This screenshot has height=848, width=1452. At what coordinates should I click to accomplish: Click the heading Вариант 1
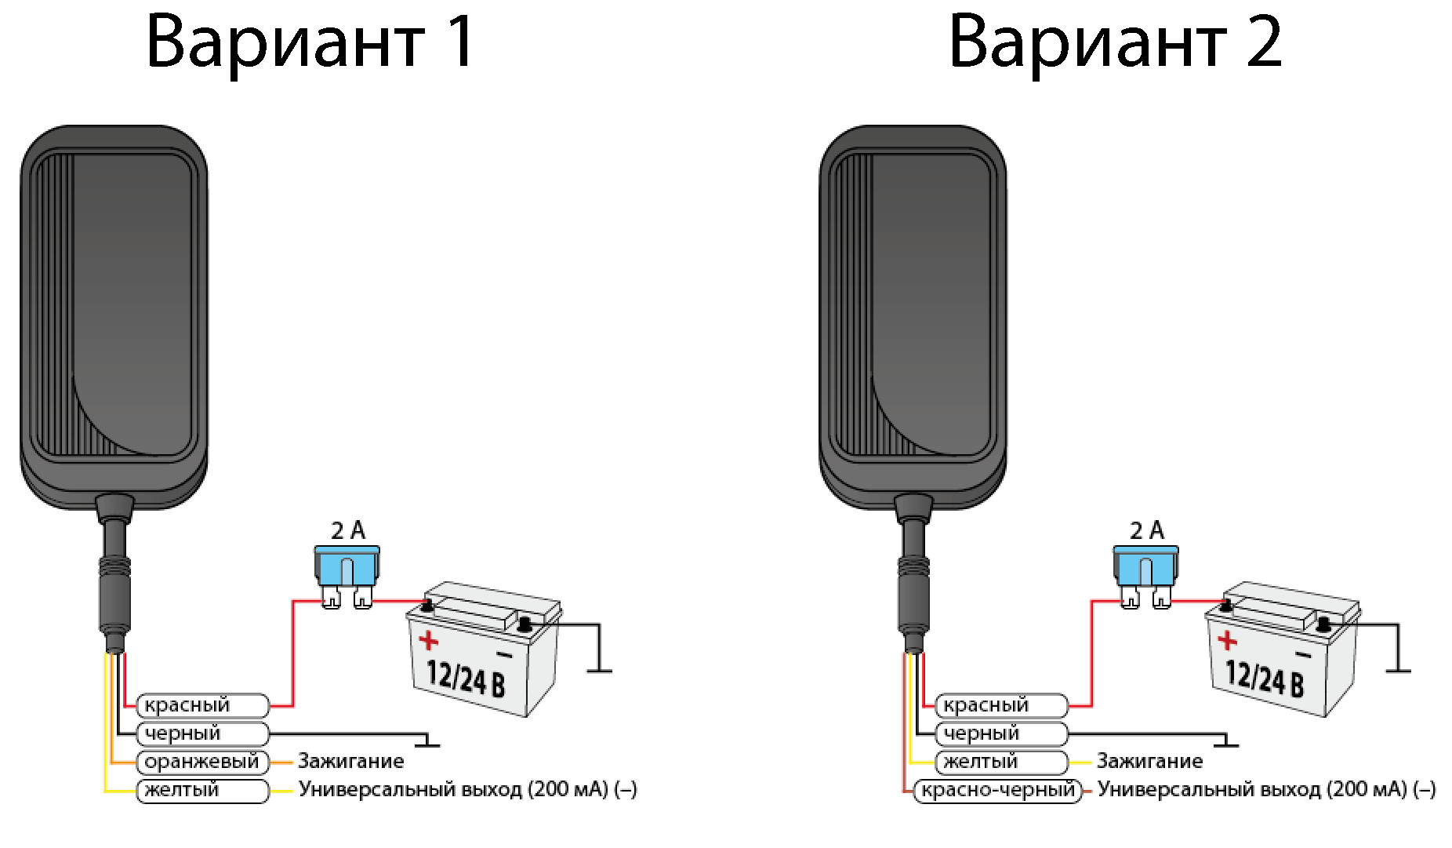[x=310, y=42]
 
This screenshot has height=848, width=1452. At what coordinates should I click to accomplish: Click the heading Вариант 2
[x=1115, y=42]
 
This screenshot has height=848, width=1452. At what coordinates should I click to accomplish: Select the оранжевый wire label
[x=202, y=762]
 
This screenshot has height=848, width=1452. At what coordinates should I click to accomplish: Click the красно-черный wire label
[x=998, y=790]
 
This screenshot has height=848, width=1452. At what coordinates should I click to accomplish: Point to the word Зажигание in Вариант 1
[x=350, y=761]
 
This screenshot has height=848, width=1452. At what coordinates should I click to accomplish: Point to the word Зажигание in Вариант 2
[x=1149, y=761]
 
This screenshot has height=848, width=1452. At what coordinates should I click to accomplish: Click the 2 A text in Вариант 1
[x=348, y=531]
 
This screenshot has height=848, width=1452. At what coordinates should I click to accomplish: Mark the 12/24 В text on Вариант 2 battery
[x=1264, y=678]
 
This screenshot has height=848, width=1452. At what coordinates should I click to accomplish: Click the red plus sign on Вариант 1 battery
[x=429, y=641]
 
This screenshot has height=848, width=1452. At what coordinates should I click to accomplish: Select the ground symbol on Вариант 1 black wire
[x=427, y=743]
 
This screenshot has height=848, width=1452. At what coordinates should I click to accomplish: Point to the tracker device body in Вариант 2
[x=913, y=314]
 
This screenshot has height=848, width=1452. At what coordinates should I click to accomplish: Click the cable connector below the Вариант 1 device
[x=114, y=596]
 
